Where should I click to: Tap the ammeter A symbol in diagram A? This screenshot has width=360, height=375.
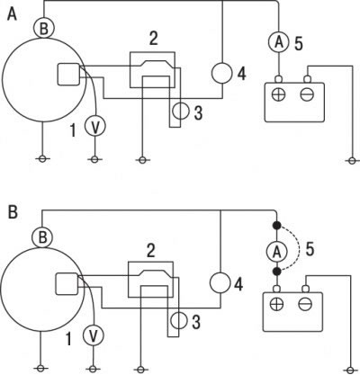click(x=279, y=42)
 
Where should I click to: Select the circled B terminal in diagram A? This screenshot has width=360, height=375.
click(x=44, y=28)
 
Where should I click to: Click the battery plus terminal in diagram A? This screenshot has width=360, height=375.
click(x=279, y=94)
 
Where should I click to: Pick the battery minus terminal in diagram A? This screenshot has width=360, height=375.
click(x=307, y=94)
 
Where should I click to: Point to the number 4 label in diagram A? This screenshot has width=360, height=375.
click(x=241, y=74)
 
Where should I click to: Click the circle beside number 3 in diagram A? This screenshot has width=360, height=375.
click(x=181, y=112)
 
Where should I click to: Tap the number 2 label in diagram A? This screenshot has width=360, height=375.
click(x=153, y=39)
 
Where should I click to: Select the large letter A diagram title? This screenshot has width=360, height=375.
click(x=12, y=13)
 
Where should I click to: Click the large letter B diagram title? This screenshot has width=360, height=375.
click(x=13, y=212)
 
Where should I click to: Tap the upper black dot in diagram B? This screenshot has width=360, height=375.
click(x=276, y=225)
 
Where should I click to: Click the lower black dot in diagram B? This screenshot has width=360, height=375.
click(x=276, y=272)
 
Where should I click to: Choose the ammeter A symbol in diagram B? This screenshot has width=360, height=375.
click(x=276, y=252)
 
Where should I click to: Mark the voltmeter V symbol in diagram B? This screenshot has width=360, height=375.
click(x=94, y=335)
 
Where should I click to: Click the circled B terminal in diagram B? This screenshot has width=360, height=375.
click(x=42, y=237)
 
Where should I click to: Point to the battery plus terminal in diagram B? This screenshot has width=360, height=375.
click(x=276, y=305)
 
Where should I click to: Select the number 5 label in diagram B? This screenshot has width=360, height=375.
click(x=310, y=249)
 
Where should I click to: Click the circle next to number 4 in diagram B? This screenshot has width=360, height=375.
click(x=220, y=283)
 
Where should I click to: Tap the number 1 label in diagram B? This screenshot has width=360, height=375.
click(x=68, y=339)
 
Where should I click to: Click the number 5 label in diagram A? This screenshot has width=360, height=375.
click(x=299, y=44)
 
